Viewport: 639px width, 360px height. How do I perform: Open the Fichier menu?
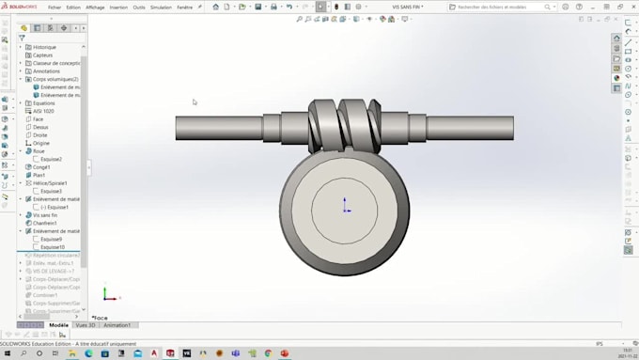click(55, 7)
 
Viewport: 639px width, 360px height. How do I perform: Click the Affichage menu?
click(95, 7)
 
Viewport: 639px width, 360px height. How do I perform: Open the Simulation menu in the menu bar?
click(161, 7)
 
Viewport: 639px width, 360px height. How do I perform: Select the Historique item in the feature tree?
click(44, 47)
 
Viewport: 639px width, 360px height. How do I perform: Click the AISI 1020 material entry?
click(43, 111)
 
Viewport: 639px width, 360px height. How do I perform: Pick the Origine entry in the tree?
click(41, 143)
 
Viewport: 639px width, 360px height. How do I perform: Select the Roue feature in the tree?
click(39, 151)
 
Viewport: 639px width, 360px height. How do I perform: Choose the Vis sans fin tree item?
click(45, 215)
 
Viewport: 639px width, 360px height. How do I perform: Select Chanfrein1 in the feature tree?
click(45, 223)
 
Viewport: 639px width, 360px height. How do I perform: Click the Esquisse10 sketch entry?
click(52, 247)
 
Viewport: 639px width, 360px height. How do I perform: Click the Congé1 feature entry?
click(41, 167)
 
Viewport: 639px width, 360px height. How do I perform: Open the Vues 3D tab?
click(86, 325)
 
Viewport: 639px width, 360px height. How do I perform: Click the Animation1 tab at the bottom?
click(117, 325)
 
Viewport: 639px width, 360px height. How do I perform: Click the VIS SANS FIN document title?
click(407, 7)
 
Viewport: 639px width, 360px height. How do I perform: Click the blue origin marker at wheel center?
click(345, 205)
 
